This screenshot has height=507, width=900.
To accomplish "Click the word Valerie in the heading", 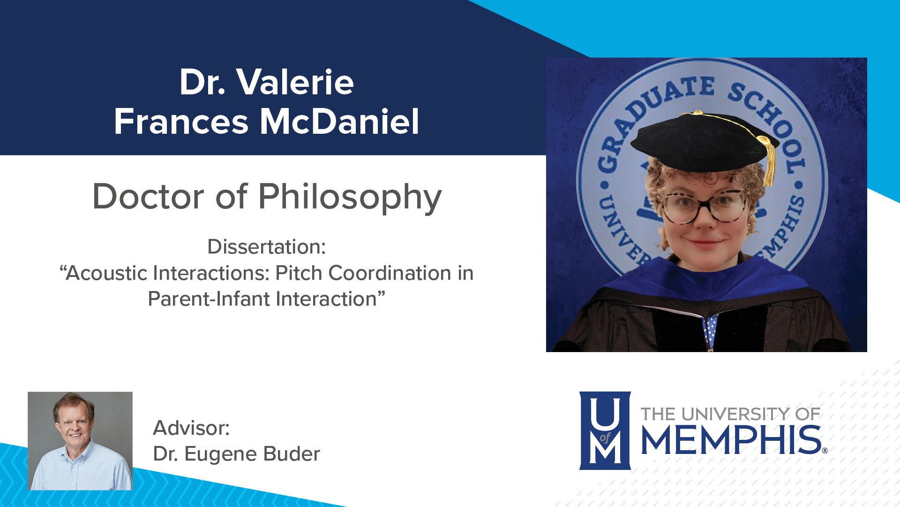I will tap(295, 83).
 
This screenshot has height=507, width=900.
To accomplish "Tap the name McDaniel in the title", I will tap(339, 122).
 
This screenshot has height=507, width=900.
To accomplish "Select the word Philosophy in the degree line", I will tap(350, 197).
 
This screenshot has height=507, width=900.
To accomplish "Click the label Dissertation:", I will tap(266, 247).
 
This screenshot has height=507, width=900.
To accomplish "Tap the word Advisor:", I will tap(191, 428).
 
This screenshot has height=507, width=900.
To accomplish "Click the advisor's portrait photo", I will tap(80, 441).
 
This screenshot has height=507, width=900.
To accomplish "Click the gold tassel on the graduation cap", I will tap(769, 160).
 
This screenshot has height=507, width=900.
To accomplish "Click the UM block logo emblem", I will tap(605, 430).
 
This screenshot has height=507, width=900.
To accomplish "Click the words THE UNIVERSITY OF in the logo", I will tap(730, 414).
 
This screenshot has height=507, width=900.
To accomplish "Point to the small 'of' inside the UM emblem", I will tap(605, 438).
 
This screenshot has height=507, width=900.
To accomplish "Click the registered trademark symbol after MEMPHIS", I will tap(825, 451).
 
